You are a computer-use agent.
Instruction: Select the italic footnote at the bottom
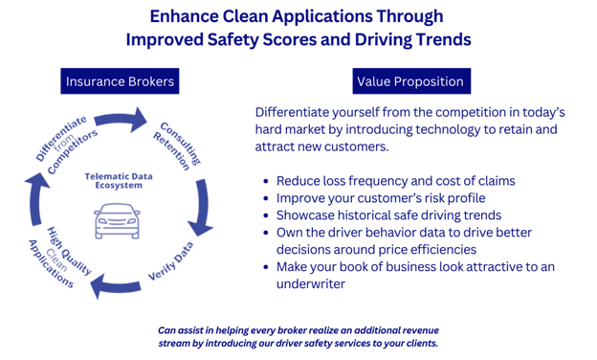pyautogui.click(x=298, y=336)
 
